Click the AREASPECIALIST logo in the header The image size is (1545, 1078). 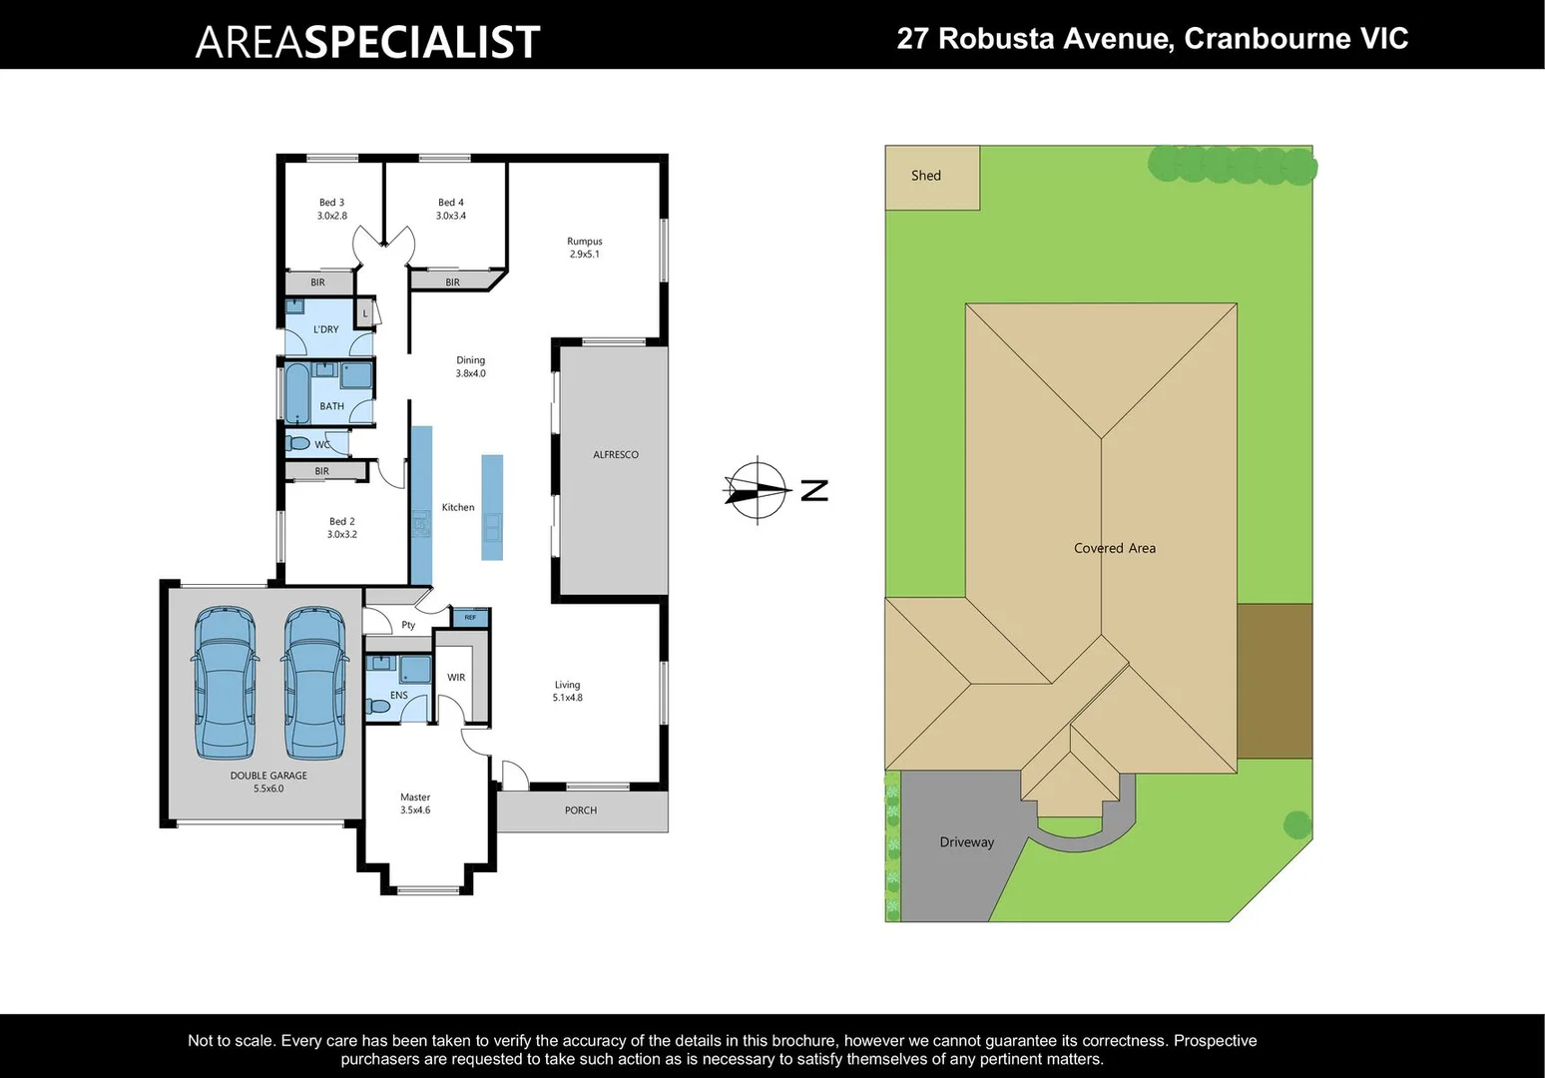[x=367, y=41]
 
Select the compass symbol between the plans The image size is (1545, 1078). [x=758, y=489]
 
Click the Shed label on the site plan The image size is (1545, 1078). [x=925, y=176]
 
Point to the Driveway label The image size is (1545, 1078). [x=966, y=842]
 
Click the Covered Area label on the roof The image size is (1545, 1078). [x=1114, y=548]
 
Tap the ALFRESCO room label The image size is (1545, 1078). [x=615, y=455]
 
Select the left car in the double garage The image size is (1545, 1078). [x=225, y=683]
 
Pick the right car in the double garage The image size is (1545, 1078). [x=315, y=683]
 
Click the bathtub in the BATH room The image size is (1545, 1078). [x=297, y=393]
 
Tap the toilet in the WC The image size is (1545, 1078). [x=297, y=443]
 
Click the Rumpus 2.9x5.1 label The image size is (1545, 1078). [x=584, y=248]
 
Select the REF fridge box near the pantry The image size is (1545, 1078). [x=470, y=618]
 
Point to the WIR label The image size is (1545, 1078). [x=456, y=678]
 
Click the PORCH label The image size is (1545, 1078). [x=580, y=810]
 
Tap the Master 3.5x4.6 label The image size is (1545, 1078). [x=415, y=804]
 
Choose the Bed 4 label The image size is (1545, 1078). [x=450, y=209]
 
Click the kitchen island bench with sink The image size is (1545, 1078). [x=492, y=507]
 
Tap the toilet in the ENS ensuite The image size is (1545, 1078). [x=378, y=707]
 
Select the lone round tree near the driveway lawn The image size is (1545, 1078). [x=1296, y=824]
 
